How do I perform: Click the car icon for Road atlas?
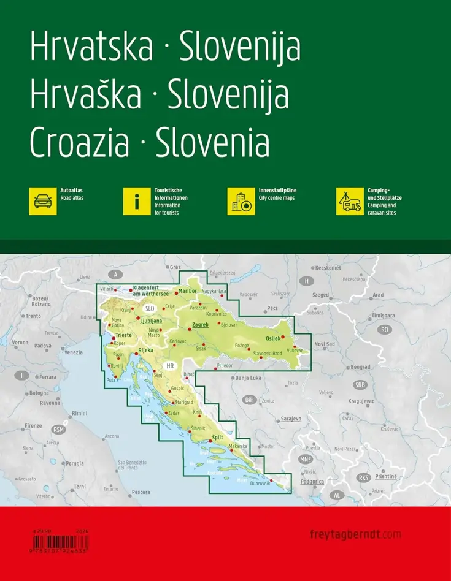point(43,201)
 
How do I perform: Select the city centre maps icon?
point(241,201)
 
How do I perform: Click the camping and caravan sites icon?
point(350,201)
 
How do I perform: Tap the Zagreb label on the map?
point(201,324)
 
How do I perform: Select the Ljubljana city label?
point(151,321)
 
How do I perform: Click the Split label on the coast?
point(217,438)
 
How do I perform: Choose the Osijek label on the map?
point(273,338)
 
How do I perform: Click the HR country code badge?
point(171,366)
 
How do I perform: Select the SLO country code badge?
point(150,308)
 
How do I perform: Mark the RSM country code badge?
point(58,429)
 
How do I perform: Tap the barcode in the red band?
point(60,542)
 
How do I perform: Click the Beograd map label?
point(360,367)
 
